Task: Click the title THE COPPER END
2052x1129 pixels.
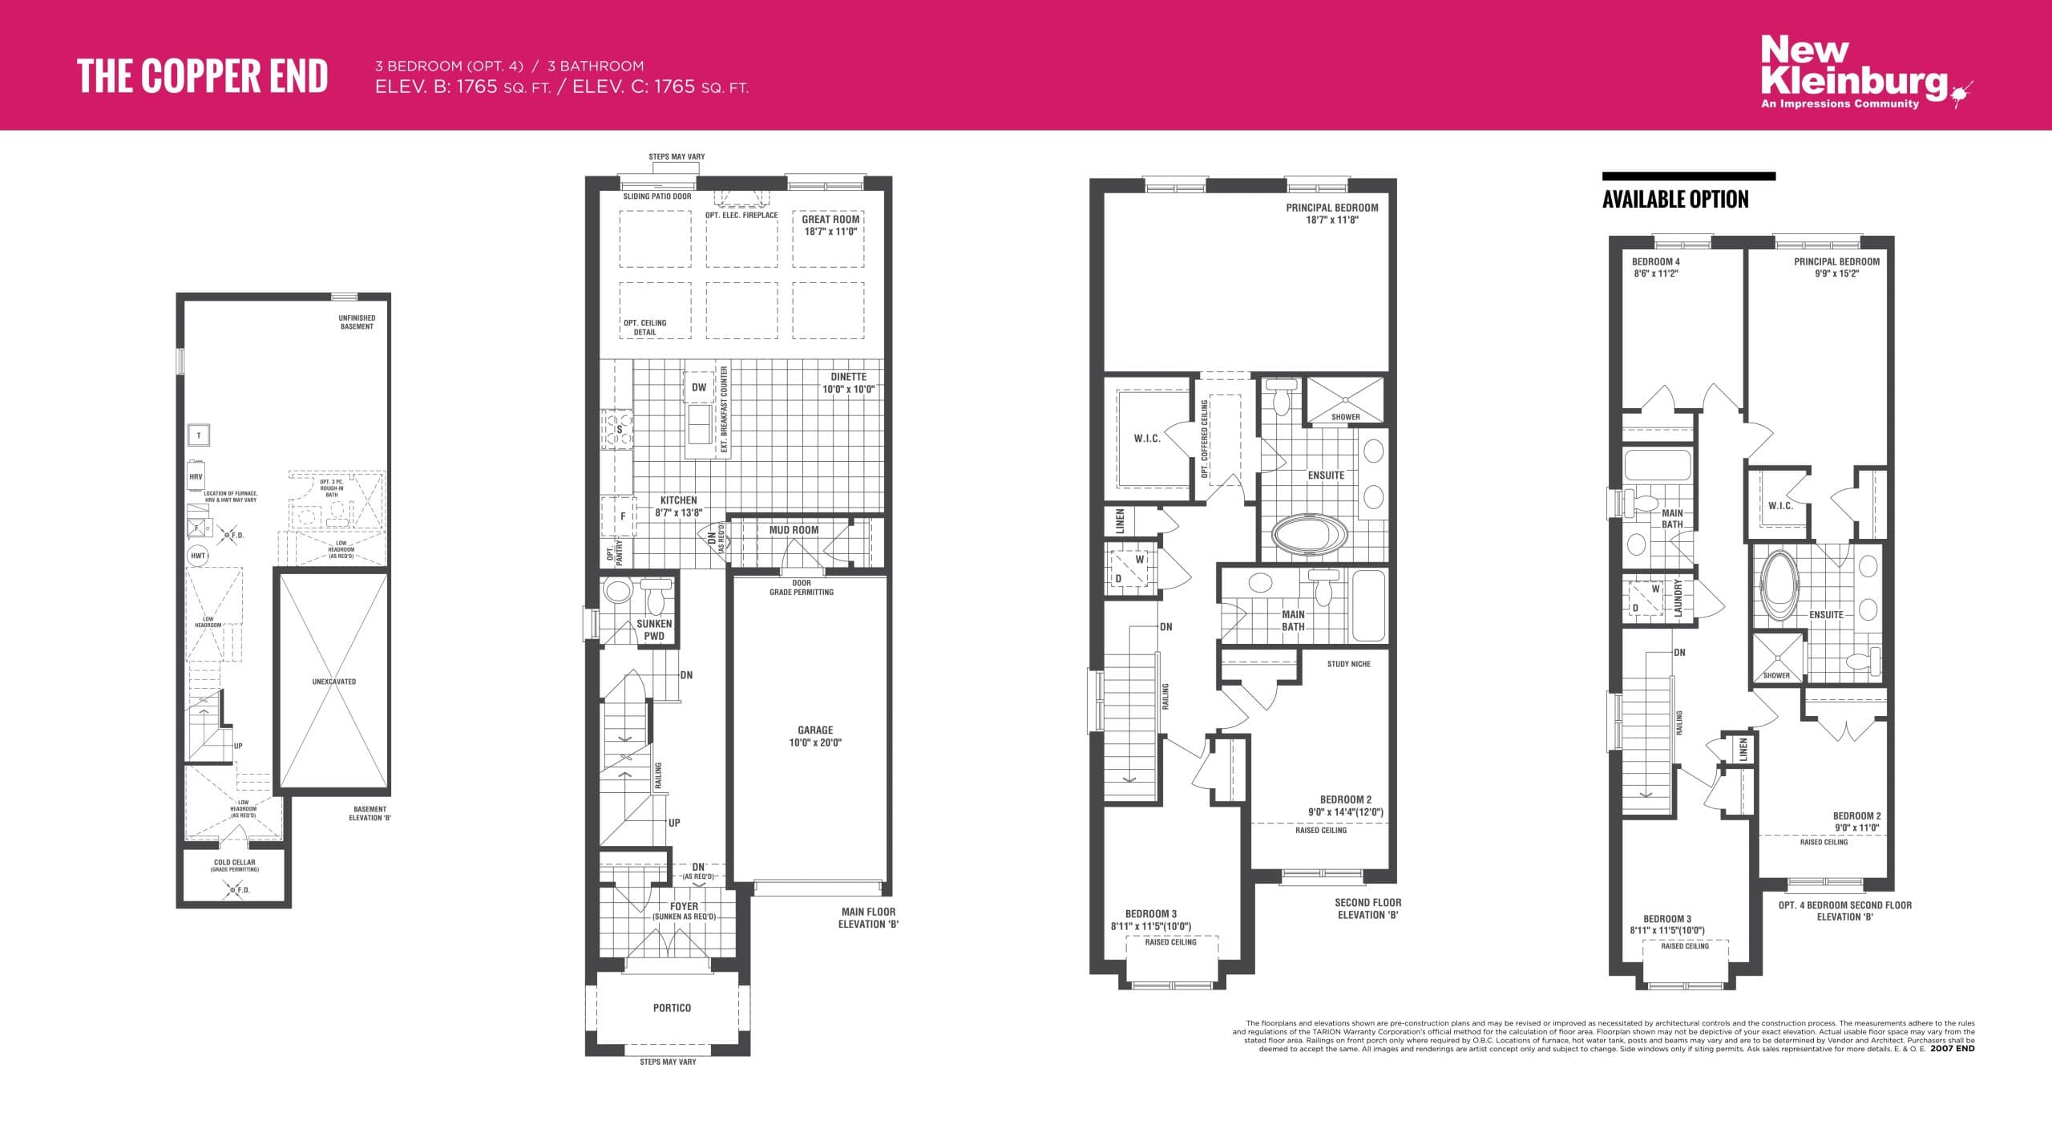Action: click(x=202, y=77)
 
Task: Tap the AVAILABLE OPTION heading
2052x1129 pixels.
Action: click(x=1675, y=200)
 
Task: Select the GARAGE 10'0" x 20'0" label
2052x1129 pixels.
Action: click(x=814, y=736)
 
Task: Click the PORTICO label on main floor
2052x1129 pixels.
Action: click(x=671, y=1008)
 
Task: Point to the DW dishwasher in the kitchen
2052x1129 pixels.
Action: click(x=699, y=387)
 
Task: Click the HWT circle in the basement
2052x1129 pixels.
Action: click(x=198, y=556)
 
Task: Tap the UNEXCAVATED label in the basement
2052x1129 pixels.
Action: click(x=333, y=682)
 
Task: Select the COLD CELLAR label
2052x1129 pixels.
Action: click(x=234, y=863)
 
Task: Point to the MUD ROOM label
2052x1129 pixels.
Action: click(x=794, y=530)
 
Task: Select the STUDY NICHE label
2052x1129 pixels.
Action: click(x=1348, y=664)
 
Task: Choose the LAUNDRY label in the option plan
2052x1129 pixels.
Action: click(x=1678, y=598)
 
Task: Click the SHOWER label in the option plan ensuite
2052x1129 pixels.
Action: click(x=1776, y=675)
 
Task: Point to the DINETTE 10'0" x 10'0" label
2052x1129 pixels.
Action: click(x=848, y=382)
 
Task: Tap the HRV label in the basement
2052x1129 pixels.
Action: click(x=196, y=477)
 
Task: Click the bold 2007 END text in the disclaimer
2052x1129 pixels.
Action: click(x=1952, y=1049)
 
